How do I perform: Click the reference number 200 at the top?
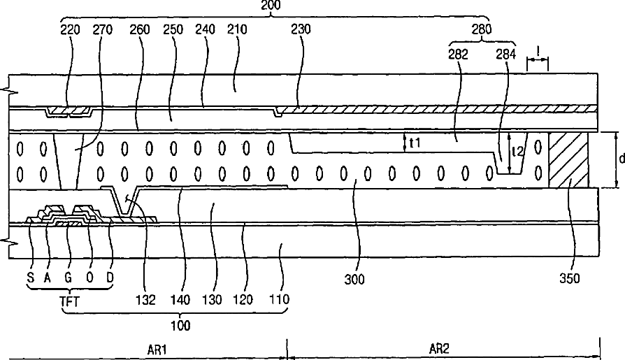(271, 5)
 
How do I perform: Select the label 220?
(70, 29)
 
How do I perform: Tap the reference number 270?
(103, 29)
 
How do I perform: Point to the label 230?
(301, 29)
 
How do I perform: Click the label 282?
(458, 55)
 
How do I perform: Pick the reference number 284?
(506, 55)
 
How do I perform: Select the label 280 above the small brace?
(482, 29)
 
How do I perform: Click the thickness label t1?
(415, 143)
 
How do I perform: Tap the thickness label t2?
(517, 151)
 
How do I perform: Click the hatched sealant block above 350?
(568, 160)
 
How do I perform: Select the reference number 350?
(570, 278)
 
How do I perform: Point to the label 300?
(354, 279)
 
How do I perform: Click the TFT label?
(70, 301)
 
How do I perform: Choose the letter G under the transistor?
(68, 277)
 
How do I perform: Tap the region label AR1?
(157, 350)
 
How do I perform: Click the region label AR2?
(439, 350)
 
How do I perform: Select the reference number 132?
(145, 300)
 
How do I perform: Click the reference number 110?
(280, 299)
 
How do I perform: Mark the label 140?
(180, 299)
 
